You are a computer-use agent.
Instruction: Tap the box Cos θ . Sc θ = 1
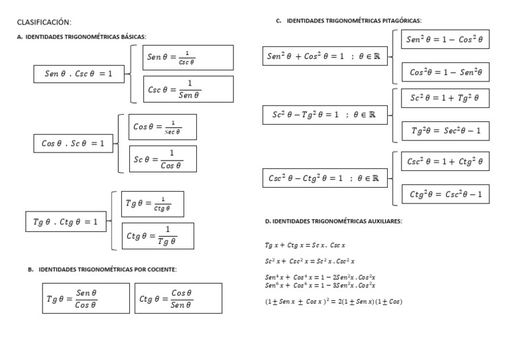click(x=73, y=143)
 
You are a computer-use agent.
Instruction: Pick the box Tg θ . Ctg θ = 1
click(x=65, y=222)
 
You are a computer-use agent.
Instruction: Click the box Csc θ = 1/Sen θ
click(x=188, y=90)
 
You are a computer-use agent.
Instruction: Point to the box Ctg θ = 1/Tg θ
click(x=158, y=236)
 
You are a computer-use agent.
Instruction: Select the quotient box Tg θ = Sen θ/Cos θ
click(x=85, y=298)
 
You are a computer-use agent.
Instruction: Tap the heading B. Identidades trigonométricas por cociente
click(x=101, y=270)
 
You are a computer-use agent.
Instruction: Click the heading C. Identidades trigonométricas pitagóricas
click(x=349, y=21)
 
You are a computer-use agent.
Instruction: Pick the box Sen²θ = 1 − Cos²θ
click(x=445, y=40)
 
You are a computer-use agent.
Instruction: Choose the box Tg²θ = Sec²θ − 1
click(x=445, y=131)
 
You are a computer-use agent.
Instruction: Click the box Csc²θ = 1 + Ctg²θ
click(x=445, y=161)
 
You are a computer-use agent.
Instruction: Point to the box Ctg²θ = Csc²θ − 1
click(x=445, y=194)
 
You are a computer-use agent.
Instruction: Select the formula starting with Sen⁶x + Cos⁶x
click(x=320, y=286)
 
